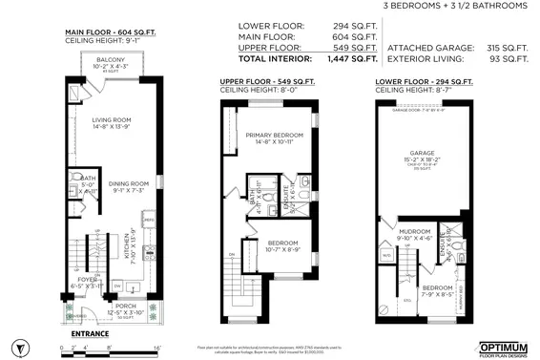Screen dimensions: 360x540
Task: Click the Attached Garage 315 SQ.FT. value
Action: (x=509, y=46)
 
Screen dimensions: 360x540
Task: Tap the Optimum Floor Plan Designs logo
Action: (x=503, y=343)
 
